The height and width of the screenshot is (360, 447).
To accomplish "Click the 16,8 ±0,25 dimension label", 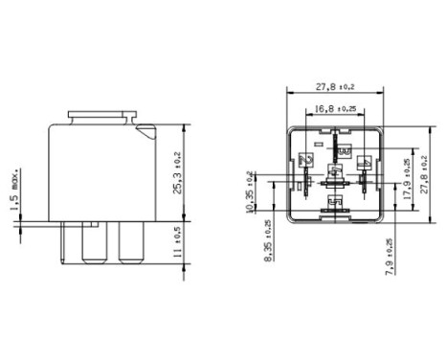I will click(335, 108).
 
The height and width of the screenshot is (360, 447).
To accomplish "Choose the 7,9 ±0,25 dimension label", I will click(390, 257).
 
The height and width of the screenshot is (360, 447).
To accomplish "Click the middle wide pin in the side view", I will click(94, 245).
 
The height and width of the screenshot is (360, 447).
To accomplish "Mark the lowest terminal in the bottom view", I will click(334, 204).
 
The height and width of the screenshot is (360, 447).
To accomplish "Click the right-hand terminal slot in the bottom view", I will click(365, 173).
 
